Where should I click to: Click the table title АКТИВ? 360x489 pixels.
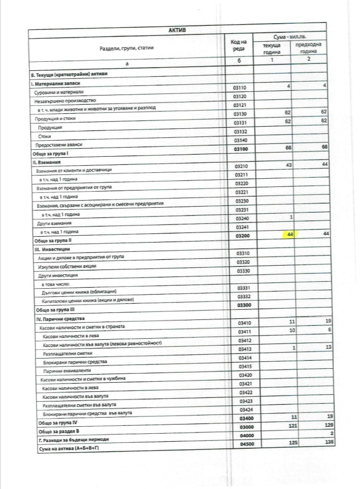tap(177, 30)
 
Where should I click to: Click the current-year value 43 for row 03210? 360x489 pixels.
tap(287, 165)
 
